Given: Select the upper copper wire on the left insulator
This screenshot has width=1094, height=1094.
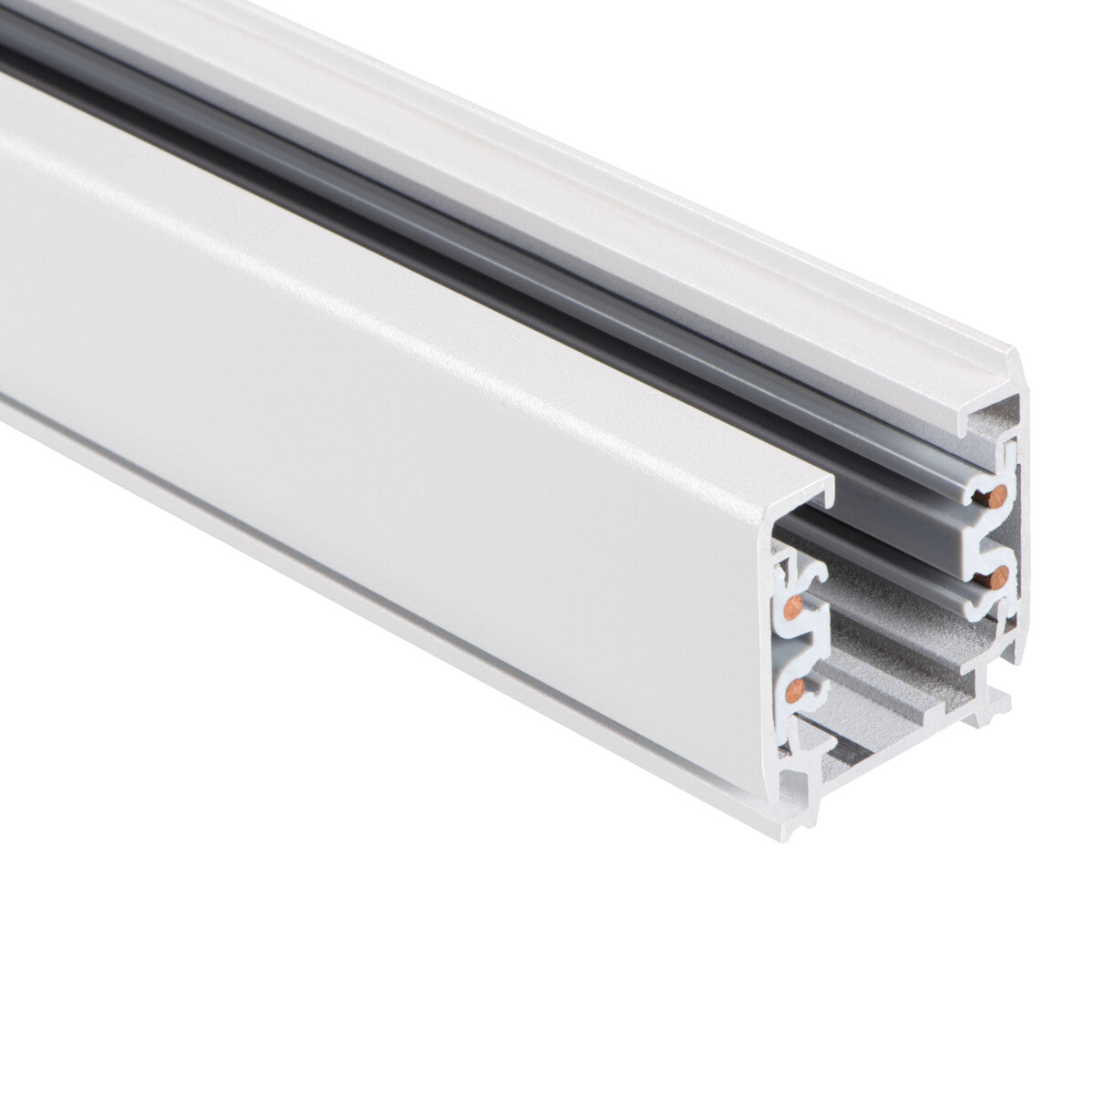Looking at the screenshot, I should tap(792, 604).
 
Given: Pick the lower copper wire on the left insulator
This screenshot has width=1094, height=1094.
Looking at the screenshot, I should tap(794, 688).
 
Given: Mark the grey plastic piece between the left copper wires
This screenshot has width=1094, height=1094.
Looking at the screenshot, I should tap(791, 645).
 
